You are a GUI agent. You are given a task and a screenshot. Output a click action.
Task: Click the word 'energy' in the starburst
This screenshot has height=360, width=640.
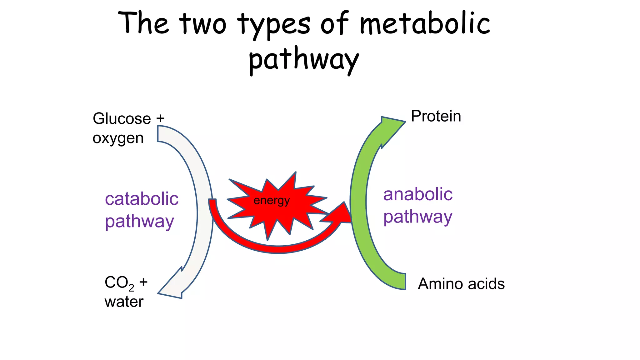272,201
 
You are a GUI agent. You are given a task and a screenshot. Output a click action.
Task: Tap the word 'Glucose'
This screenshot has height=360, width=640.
122,119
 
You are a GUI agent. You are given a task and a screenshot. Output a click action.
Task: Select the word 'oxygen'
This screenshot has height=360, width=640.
118,138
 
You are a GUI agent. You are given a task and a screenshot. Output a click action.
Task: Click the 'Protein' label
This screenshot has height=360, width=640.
436,116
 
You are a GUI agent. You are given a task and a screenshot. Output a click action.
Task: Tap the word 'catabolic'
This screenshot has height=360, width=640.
142,199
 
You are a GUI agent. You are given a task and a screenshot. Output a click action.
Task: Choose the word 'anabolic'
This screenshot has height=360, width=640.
418,194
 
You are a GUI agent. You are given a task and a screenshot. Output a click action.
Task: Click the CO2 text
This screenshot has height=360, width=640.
119,283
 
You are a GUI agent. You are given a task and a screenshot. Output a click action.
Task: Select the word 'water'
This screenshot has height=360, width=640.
124,302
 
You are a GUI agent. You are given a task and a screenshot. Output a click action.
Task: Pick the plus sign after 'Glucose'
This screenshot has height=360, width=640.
160,118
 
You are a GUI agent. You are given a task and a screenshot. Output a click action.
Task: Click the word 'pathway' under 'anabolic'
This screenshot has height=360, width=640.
418,217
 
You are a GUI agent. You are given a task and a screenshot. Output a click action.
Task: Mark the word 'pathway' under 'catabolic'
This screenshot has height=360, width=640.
139,222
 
